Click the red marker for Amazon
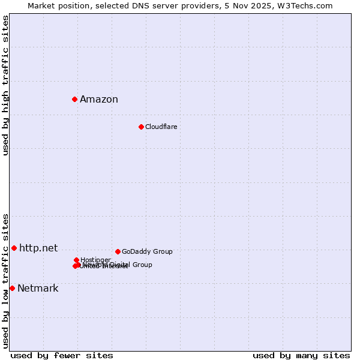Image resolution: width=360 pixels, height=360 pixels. (75, 99)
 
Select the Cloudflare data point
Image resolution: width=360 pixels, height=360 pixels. (141, 127)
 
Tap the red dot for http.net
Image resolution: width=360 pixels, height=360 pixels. (14, 248)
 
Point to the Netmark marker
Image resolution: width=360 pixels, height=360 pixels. (12, 288)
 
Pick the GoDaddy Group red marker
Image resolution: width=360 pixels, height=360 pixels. (118, 251)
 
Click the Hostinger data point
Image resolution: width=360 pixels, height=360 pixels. (77, 260)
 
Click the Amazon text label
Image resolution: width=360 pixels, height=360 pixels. (99, 100)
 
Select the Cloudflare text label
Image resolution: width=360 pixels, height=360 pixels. (161, 127)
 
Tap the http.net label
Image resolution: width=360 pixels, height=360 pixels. (38, 248)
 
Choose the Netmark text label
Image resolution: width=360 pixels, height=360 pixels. (38, 289)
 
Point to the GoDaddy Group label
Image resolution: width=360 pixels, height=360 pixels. (147, 251)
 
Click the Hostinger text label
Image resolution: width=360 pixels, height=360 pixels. (95, 260)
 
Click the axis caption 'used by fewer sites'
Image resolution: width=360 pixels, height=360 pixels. (62, 355)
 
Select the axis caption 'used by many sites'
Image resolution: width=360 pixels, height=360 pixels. (301, 355)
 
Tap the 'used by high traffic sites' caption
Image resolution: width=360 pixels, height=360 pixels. (5, 85)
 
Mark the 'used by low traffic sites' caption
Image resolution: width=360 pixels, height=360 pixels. (5, 280)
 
